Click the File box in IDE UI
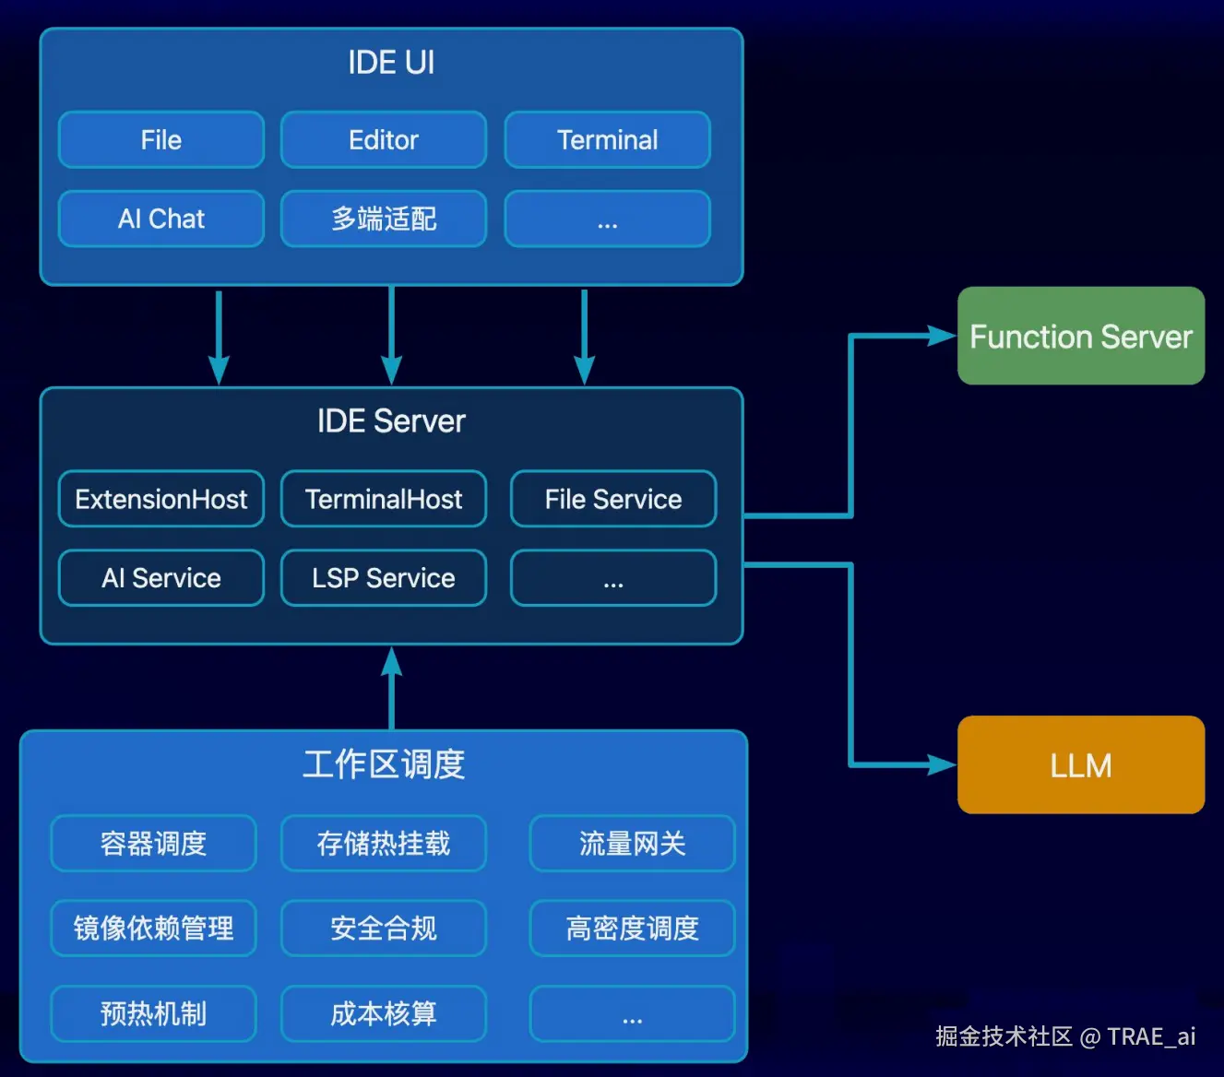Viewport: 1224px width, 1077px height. pos(161,140)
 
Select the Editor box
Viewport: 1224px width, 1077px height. pos(384,140)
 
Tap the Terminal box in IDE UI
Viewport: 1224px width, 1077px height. pos(607,140)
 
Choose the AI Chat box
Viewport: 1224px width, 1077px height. pos(161,219)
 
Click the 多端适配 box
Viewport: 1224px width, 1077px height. pos(384,219)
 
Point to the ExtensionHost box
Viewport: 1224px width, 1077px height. pos(161,499)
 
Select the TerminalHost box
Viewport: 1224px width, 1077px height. pos(384,499)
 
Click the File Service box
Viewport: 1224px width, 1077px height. pos(613,499)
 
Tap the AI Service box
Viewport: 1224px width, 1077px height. pos(161,578)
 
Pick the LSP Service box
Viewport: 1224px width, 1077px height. pos(384,578)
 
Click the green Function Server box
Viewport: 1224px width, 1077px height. pos(1081,336)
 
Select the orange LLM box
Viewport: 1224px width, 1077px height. pos(1081,764)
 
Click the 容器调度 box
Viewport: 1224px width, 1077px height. pos(153,843)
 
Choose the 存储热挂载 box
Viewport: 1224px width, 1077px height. pos(384,843)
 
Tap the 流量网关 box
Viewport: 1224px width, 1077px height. pos(632,843)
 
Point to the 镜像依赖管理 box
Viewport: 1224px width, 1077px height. pos(153,928)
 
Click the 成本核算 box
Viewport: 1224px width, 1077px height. pos(384,1013)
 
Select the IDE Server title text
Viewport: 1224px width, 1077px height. pos(391,421)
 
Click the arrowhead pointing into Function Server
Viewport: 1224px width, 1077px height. pos(944,336)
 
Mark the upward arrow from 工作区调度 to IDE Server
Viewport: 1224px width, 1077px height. pos(392,687)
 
